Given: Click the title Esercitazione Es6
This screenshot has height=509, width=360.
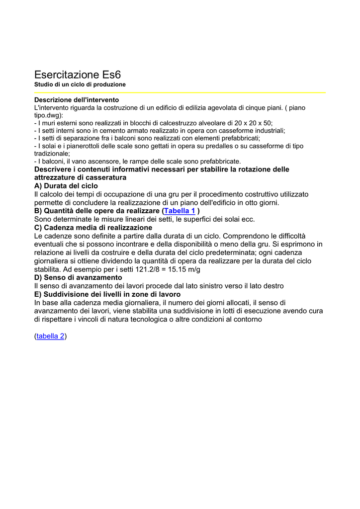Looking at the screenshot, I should pyautogui.click(x=78, y=75).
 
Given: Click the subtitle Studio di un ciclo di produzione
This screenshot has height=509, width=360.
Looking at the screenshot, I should pyautogui.click(x=80, y=85).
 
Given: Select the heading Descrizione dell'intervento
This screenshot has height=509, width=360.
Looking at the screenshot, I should pyautogui.click(x=77, y=100).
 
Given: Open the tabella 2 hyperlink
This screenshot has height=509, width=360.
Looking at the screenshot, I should pyautogui.click(x=51, y=336).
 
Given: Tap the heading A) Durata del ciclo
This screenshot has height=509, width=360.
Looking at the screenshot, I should pyautogui.click(x=66, y=185).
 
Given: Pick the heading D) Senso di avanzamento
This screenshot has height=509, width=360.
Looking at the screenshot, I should pyautogui.click(x=78, y=277).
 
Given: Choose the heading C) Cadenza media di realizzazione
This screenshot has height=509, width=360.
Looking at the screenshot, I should pyautogui.click(x=93, y=227).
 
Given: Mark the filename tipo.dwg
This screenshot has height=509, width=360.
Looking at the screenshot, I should pyautogui.click(x=47, y=115).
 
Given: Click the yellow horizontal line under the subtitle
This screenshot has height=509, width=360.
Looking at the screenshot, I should pyautogui.click(x=180, y=92).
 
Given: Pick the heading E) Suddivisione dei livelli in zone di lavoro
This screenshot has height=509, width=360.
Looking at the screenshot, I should pyautogui.click(x=107, y=294).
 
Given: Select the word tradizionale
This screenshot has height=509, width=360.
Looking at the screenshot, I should pyautogui.click(x=51, y=154).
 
